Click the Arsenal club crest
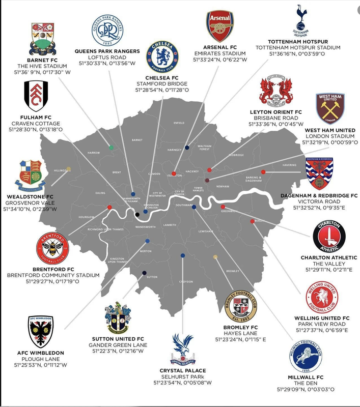pyautogui.click(x=220, y=26)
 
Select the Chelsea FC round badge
pyautogui.click(x=163, y=57)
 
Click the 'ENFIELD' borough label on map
pyautogui.click(x=179, y=123)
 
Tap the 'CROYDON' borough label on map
pyautogui.click(x=185, y=281)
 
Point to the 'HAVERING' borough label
pyautogui.click(x=289, y=165)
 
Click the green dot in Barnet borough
pyautogui.click(x=111, y=148)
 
